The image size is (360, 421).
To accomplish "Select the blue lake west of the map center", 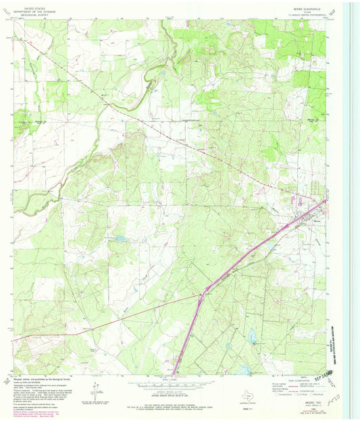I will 120,238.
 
